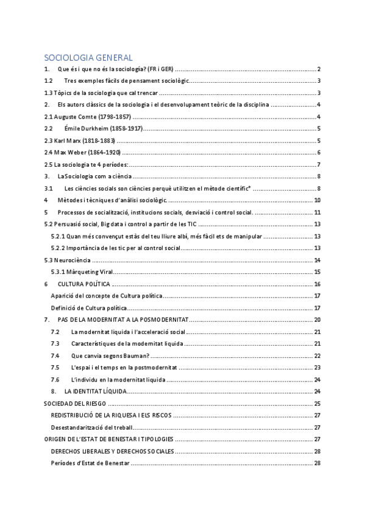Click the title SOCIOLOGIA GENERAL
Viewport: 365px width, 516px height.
click(x=88, y=58)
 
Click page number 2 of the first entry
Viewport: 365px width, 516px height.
click(x=319, y=69)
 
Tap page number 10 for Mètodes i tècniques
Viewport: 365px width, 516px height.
click(x=317, y=200)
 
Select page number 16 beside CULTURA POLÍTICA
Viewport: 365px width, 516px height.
click(x=317, y=284)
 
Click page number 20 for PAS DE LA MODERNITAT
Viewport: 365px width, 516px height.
click(x=317, y=320)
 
